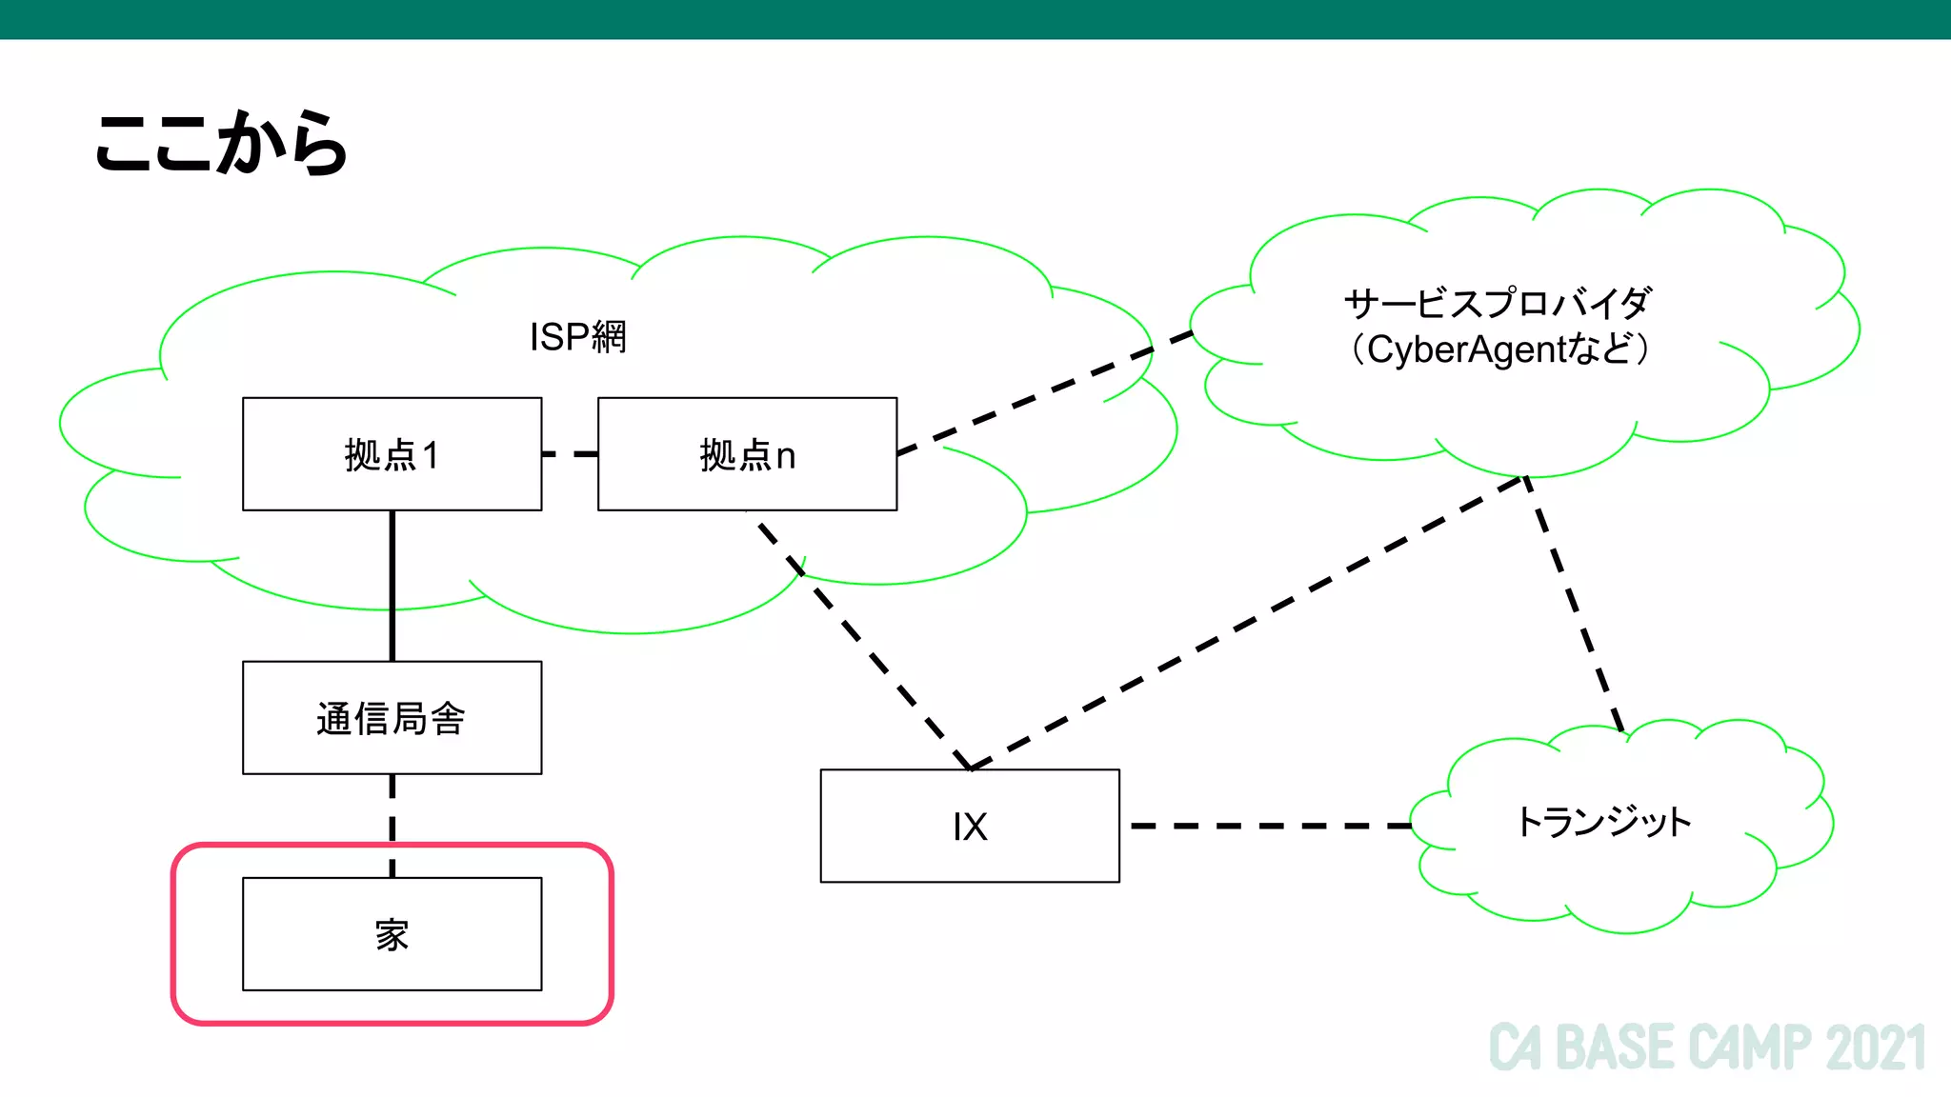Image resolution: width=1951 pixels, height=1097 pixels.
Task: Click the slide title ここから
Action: (221, 143)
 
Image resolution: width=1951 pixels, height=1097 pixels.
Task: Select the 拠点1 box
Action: (392, 454)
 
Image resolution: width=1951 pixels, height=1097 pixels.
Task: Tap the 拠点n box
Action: (747, 454)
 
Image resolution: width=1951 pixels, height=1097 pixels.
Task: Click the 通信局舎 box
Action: (392, 718)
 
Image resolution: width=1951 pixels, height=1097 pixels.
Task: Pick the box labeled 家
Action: (392, 934)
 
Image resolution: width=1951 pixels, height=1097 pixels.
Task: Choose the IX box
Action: (969, 826)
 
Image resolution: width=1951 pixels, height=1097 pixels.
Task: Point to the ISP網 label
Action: (577, 336)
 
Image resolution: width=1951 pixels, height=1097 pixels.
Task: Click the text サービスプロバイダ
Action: (1497, 304)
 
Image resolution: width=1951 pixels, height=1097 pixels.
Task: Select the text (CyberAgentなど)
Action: (1498, 349)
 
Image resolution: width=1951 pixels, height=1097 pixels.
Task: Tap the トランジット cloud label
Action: (1603, 821)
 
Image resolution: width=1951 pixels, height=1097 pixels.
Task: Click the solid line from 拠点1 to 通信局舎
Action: (392, 586)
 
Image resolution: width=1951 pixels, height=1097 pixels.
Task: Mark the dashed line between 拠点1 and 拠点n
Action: (570, 454)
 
